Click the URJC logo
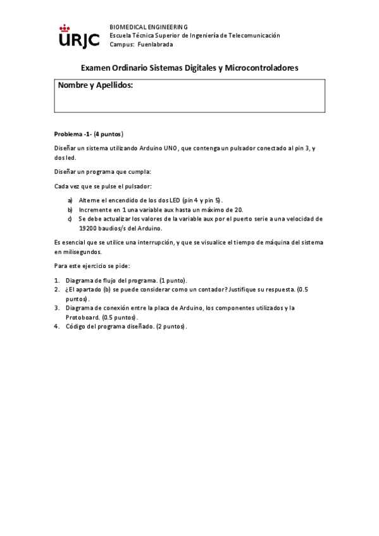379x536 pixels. tap(78, 36)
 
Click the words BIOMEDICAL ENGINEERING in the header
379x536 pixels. tap(149, 27)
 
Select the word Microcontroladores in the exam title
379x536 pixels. tap(261, 68)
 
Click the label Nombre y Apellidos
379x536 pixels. tap(96, 85)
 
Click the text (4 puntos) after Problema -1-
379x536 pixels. tap(108, 134)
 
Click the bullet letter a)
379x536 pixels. tap(70, 200)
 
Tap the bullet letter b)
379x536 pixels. tap(70, 209)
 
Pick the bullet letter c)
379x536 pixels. tap(70, 219)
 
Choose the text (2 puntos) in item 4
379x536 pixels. tap(171, 326)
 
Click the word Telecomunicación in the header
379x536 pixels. tap(253, 36)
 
